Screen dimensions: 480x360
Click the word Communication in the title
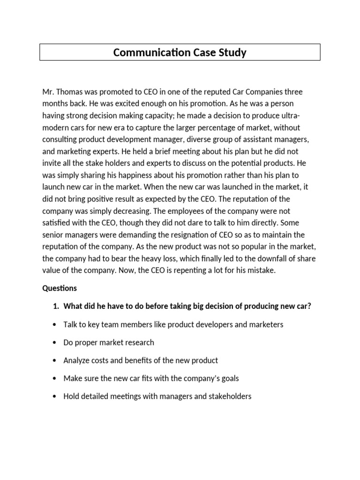pos(145,52)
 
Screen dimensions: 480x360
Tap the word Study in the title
pos(233,52)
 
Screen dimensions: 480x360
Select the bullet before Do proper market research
pos(55,343)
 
